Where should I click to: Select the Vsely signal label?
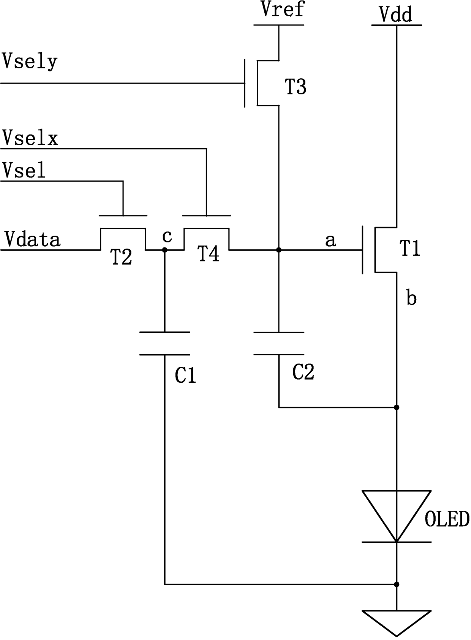(x=29, y=62)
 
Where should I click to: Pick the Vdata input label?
(x=33, y=239)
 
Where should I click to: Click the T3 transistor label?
(x=296, y=87)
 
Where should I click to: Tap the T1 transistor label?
(x=410, y=248)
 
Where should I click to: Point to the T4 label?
(x=209, y=254)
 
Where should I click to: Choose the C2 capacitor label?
(x=303, y=372)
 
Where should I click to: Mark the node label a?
(x=330, y=241)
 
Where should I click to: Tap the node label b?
(x=411, y=298)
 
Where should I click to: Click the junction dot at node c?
(x=164, y=250)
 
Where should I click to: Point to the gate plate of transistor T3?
(x=245, y=83)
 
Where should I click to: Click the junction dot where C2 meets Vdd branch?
(x=397, y=407)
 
